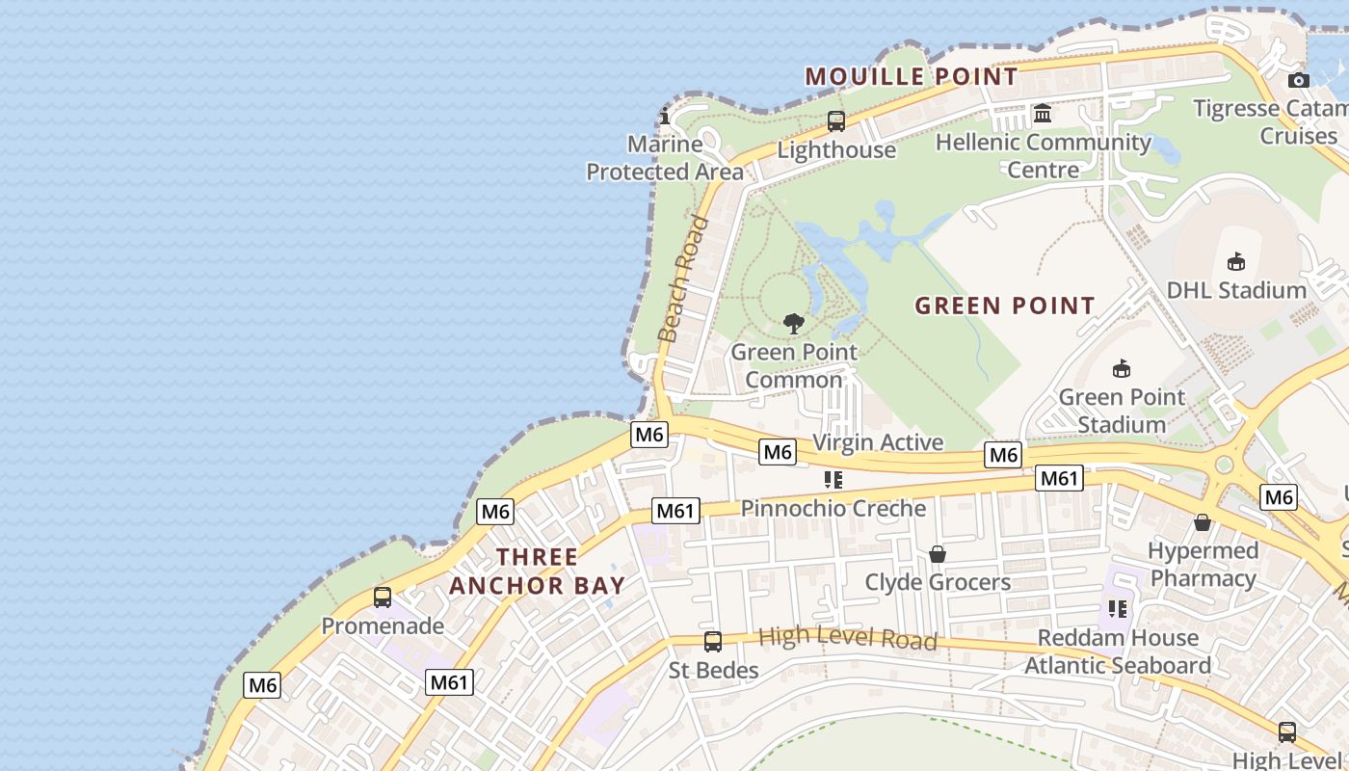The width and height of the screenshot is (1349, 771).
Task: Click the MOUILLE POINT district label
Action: click(x=911, y=76)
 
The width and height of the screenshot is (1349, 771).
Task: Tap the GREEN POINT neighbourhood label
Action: click(x=1005, y=306)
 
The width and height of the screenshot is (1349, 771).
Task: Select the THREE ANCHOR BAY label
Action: click(x=538, y=571)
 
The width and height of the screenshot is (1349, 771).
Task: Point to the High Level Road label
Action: click(x=847, y=637)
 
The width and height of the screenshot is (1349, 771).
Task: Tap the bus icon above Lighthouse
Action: click(x=836, y=121)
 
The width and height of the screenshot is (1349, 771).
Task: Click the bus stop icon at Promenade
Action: click(x=383, y=598)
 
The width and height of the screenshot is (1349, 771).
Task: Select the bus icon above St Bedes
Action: click(x=713, y=642)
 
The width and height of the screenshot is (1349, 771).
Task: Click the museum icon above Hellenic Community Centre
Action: click(x=1043, y=115)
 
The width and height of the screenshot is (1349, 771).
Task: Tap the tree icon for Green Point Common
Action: click(x=793, y=324)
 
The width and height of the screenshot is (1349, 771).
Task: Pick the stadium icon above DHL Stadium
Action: click(x=1236, y=261)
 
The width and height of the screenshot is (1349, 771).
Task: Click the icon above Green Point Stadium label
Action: click(x=1121, y=368)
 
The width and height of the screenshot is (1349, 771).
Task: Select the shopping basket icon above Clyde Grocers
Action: click(x=937, y=554)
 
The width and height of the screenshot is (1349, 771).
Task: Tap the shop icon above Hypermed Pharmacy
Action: click(x=1203, y=522)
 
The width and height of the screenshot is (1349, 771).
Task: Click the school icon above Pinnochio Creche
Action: click(x=833, y=480)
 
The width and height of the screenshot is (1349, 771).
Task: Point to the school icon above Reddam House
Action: click(x=1118, y=609)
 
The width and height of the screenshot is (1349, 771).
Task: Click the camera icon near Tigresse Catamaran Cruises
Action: click(x=1299, y=80)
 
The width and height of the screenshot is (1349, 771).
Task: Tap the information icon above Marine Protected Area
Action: click(x=664, y=117)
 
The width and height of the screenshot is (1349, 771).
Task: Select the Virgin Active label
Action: click(x=878, y=442)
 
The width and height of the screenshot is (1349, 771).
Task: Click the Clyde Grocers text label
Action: click(x=938, y=582)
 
